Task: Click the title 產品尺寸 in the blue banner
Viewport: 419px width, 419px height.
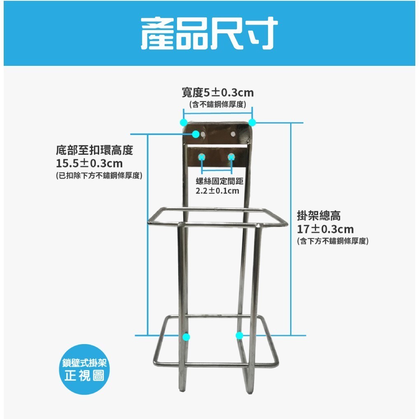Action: point(209,33)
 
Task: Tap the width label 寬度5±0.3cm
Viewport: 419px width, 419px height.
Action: point(218,93)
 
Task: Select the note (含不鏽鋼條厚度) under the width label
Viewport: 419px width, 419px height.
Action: point(218,104)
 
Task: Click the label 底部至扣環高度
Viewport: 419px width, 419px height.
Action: point(94,150)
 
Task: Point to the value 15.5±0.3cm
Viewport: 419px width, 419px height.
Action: point(89,163)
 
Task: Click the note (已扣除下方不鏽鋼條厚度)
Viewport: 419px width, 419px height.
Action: point(99,176)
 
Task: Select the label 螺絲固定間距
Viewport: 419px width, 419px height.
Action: point(220,181)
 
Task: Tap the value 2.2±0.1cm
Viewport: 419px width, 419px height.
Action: point(217,191)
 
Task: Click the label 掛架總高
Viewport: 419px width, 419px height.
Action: point(319,216)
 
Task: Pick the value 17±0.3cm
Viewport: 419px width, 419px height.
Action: point(325,229)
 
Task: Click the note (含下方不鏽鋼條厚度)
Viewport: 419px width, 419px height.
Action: point(333,241)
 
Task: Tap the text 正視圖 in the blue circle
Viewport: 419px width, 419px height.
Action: point(84,375)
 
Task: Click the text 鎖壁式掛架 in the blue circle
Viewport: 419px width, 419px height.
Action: point(84,363)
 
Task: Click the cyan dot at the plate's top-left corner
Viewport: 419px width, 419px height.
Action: point(184,122)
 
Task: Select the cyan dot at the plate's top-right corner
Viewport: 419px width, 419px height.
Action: point(252,122)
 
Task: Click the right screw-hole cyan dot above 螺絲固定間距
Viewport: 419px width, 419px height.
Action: point(231,156)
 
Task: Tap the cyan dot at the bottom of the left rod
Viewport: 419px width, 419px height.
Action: point(186,337)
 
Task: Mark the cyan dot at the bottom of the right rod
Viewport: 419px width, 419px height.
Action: point(240,335)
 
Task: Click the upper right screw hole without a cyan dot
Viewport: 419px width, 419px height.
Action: point(233,134)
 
